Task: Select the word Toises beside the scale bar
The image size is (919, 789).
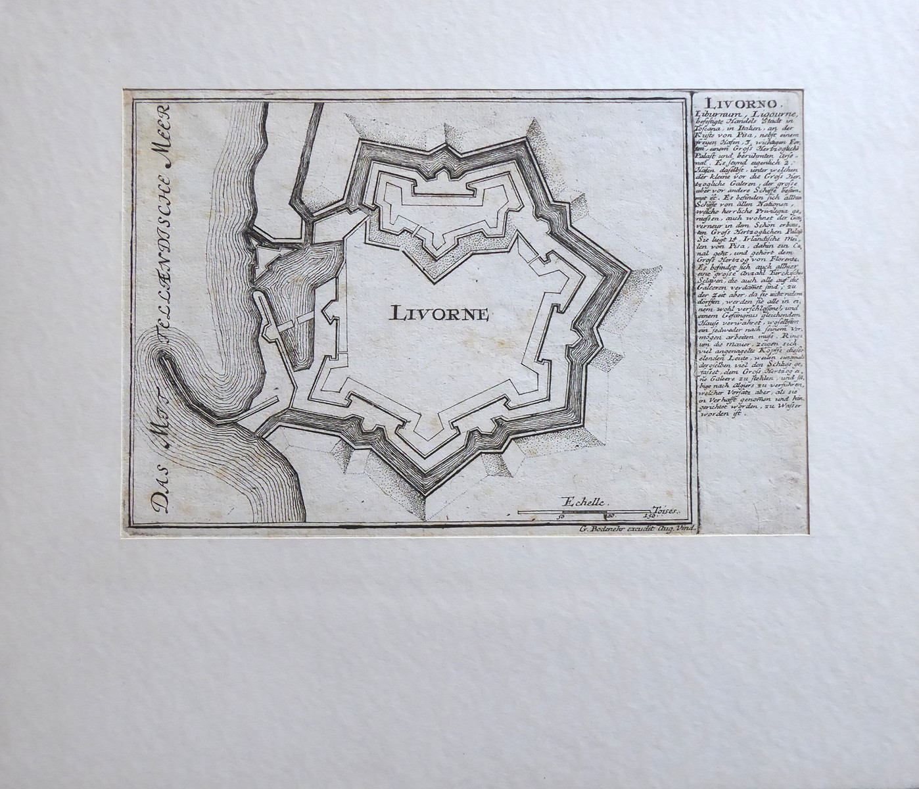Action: [665, 510]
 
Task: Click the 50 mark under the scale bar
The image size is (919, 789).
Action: [561, 517]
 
